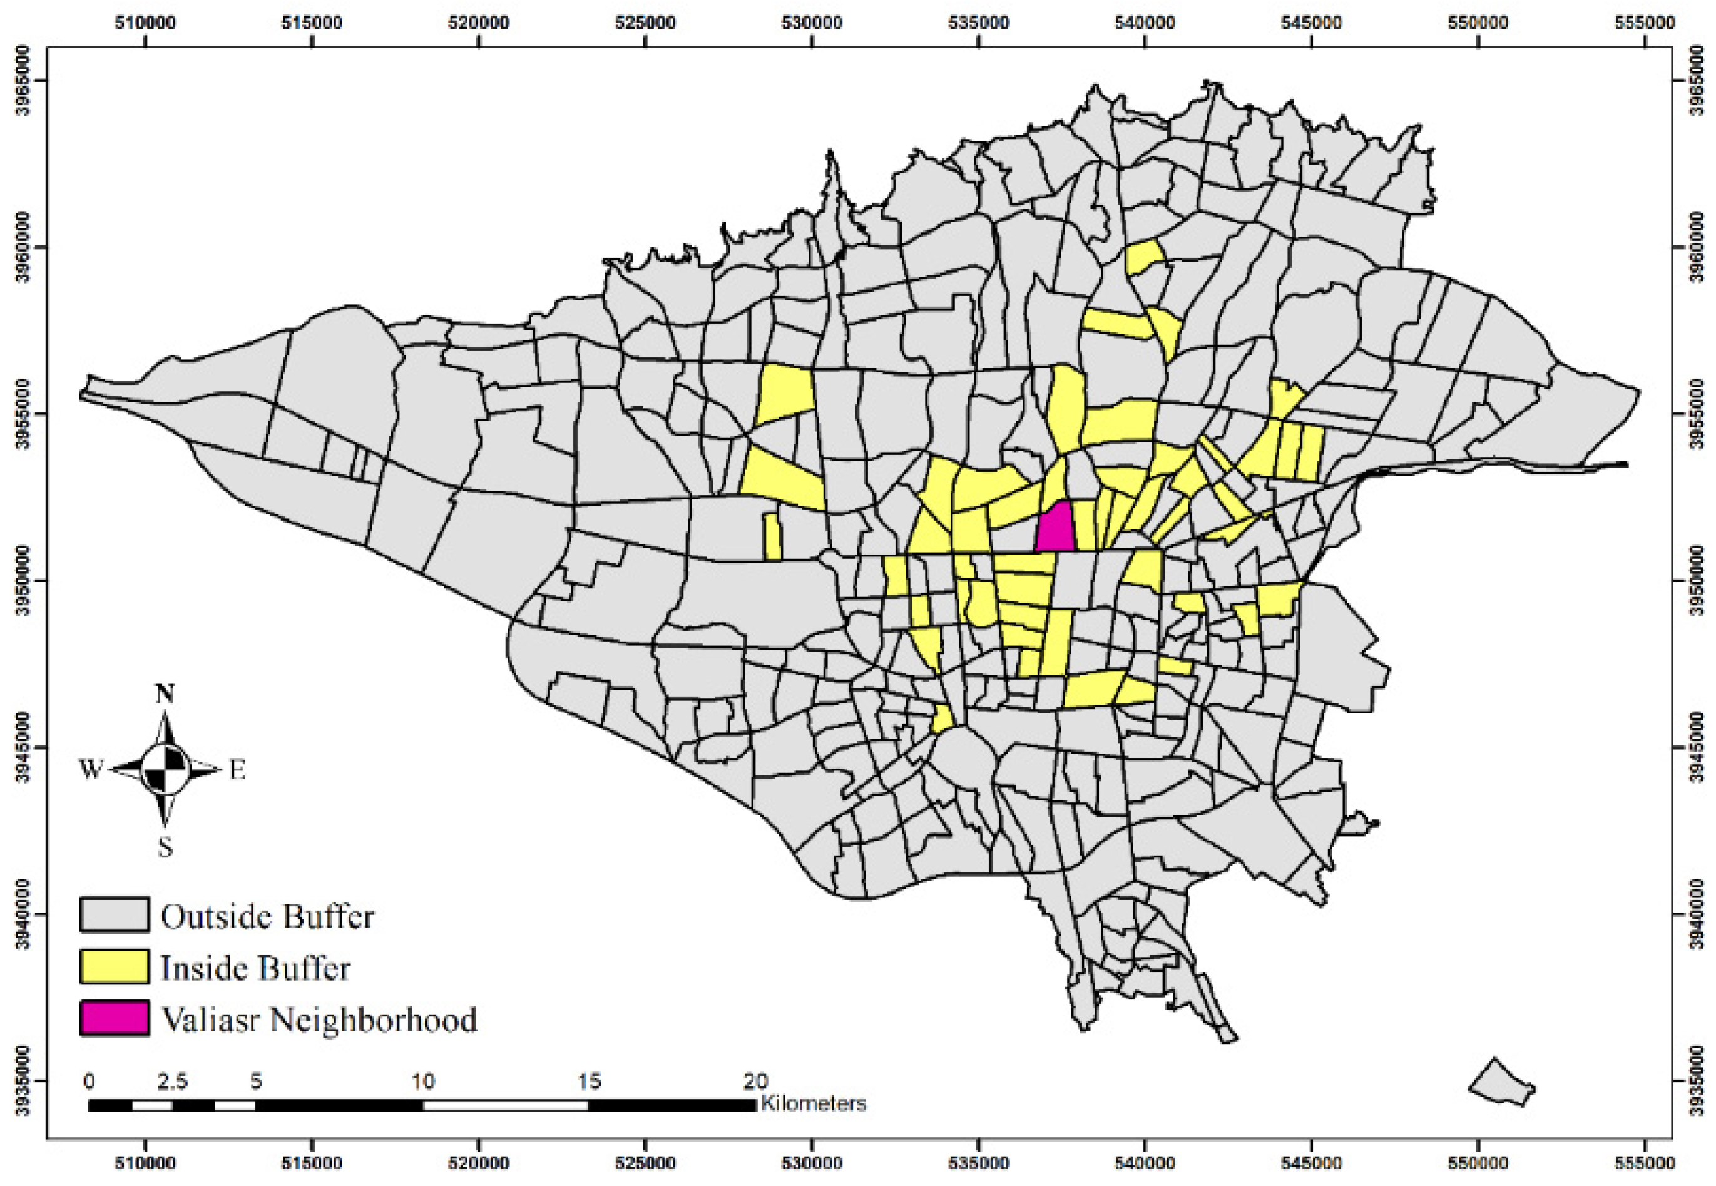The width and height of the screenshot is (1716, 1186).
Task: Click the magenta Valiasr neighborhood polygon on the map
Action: click(x=1056, y=529)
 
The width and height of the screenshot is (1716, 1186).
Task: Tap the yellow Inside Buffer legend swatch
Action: click(x=115, y=966)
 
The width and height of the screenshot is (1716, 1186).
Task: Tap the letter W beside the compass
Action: click(x=91, y=770)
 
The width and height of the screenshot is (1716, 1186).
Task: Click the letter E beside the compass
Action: click(x=237, y=770)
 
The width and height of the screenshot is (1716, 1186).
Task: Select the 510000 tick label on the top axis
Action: click(x=146, y=23)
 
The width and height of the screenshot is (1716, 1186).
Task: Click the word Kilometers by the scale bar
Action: click(x=814, y=1103)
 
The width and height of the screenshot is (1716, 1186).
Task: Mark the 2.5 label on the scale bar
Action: click(x=172, y=1081)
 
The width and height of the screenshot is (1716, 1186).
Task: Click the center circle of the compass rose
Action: click(x=165, y=769)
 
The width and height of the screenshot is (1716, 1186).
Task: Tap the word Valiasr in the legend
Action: click(x=211, y=1020)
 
